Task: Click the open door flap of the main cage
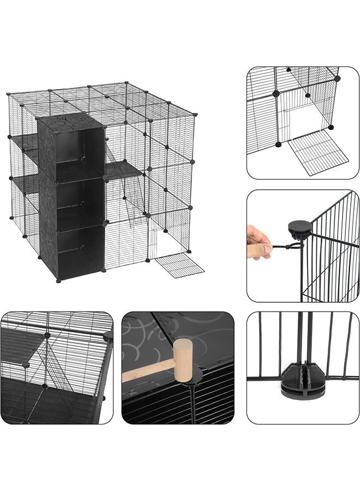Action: tap(179, 265)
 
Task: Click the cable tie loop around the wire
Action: tap(289, 248)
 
